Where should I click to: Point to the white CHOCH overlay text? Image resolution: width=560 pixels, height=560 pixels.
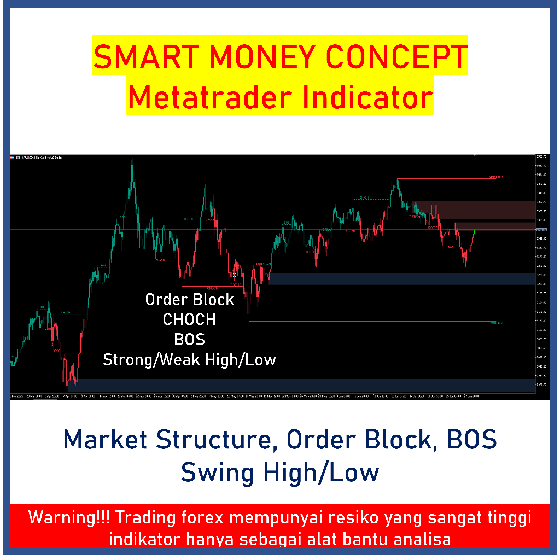click(189, 319)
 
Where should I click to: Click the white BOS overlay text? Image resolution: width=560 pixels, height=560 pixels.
click(189, 340)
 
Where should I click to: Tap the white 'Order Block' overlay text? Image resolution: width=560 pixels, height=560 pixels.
click(189, 300)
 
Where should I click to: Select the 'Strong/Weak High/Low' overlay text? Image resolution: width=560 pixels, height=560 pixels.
click(189, 360)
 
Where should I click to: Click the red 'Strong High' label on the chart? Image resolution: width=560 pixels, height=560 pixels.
click(495, 177)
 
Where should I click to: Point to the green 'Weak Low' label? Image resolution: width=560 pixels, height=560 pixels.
click(496, 323)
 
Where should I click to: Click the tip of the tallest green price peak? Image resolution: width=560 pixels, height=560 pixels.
click(132, 161)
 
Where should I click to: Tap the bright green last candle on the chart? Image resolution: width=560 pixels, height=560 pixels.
click(474, 232)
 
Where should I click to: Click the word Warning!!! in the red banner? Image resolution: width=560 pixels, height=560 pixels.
click(69, 517)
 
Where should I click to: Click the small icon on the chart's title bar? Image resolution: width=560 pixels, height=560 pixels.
click(17, 157)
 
